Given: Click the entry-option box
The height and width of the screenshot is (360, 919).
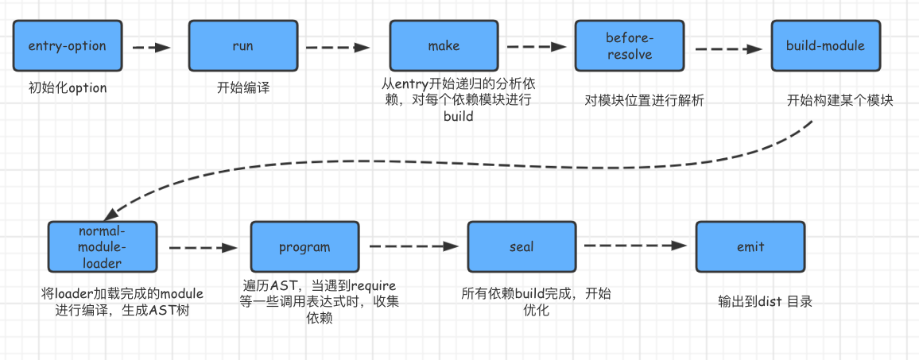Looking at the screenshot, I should click(x=67, y=46).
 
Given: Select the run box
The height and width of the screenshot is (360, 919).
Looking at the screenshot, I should click(x=242, y=46).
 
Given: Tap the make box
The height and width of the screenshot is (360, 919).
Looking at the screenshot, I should click(x=443, y=46).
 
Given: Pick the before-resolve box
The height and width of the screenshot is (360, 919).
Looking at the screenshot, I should click(x=629, y=46).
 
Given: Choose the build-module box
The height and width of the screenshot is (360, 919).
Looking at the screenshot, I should click(x=824, y=46).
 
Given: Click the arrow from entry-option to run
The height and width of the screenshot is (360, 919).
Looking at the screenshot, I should click(x=151, y=48).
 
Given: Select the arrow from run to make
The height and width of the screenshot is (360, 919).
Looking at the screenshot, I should click(x=339, y=48).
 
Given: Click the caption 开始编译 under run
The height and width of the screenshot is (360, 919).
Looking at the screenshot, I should click(x=242, y=87).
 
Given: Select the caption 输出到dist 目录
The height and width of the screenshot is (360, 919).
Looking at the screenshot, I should click(x=764, y=301).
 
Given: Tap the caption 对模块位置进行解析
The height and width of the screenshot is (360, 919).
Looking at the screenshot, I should click(x=644, y=101).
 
